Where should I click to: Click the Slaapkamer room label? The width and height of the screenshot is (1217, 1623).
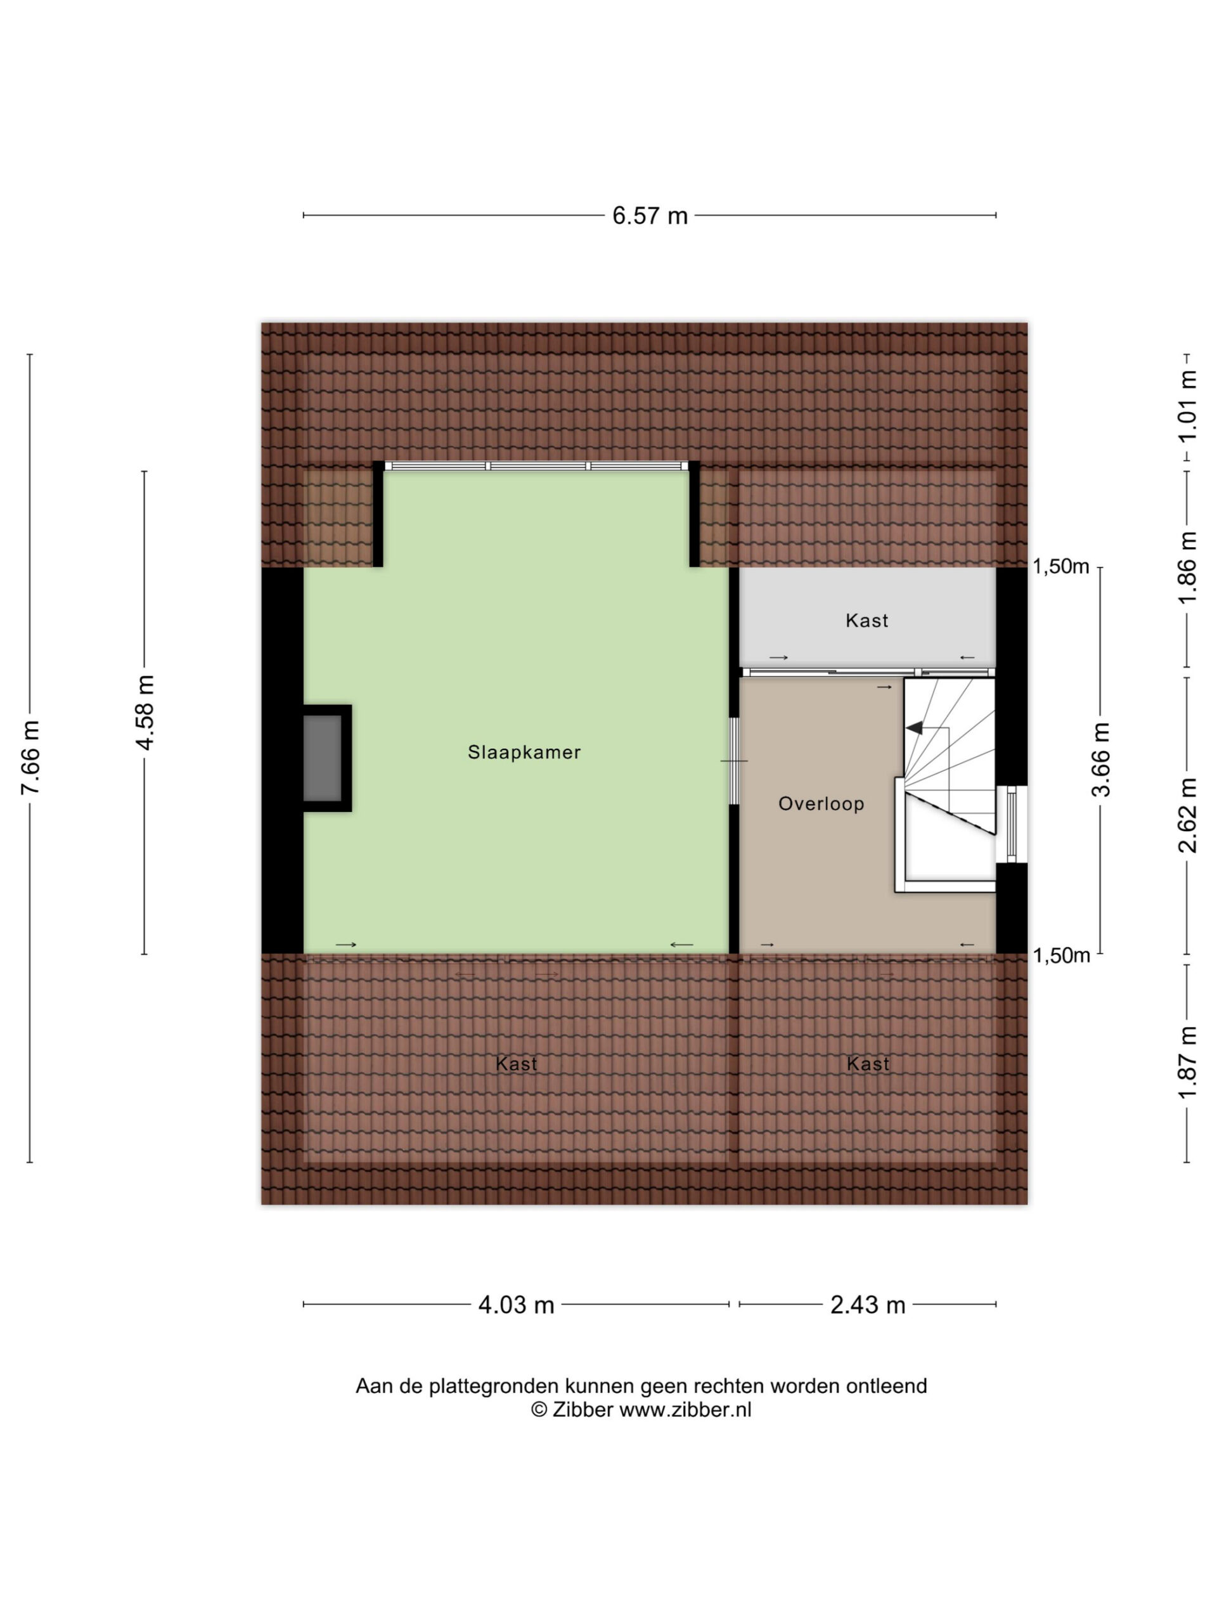click(x=524, y=752)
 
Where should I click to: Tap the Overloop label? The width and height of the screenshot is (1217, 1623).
click(x=821, y=804)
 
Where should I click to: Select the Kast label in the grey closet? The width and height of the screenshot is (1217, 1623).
click(x=866, y=621)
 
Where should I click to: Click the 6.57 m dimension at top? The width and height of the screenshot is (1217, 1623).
click(x=650, y=216)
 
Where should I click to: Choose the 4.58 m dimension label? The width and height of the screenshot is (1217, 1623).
click(x=145, y=712)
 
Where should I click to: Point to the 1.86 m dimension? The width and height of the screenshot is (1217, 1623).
click(x=1187, y=568)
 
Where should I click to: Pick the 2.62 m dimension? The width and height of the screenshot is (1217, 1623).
click(x=1187, y=816)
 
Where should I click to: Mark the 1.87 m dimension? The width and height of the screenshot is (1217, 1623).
click(x=1187, y=1063)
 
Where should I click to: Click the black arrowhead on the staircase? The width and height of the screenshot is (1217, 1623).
click(x=914, y=728)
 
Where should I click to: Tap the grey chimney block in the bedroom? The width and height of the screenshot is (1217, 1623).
click(x=323, y=758)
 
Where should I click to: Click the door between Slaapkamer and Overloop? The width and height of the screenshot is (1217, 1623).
click(x=733, y=761)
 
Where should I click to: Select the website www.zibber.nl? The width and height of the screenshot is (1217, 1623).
click(x=685, y=1409)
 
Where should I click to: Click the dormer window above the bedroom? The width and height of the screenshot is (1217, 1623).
click(x=537, y=465)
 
